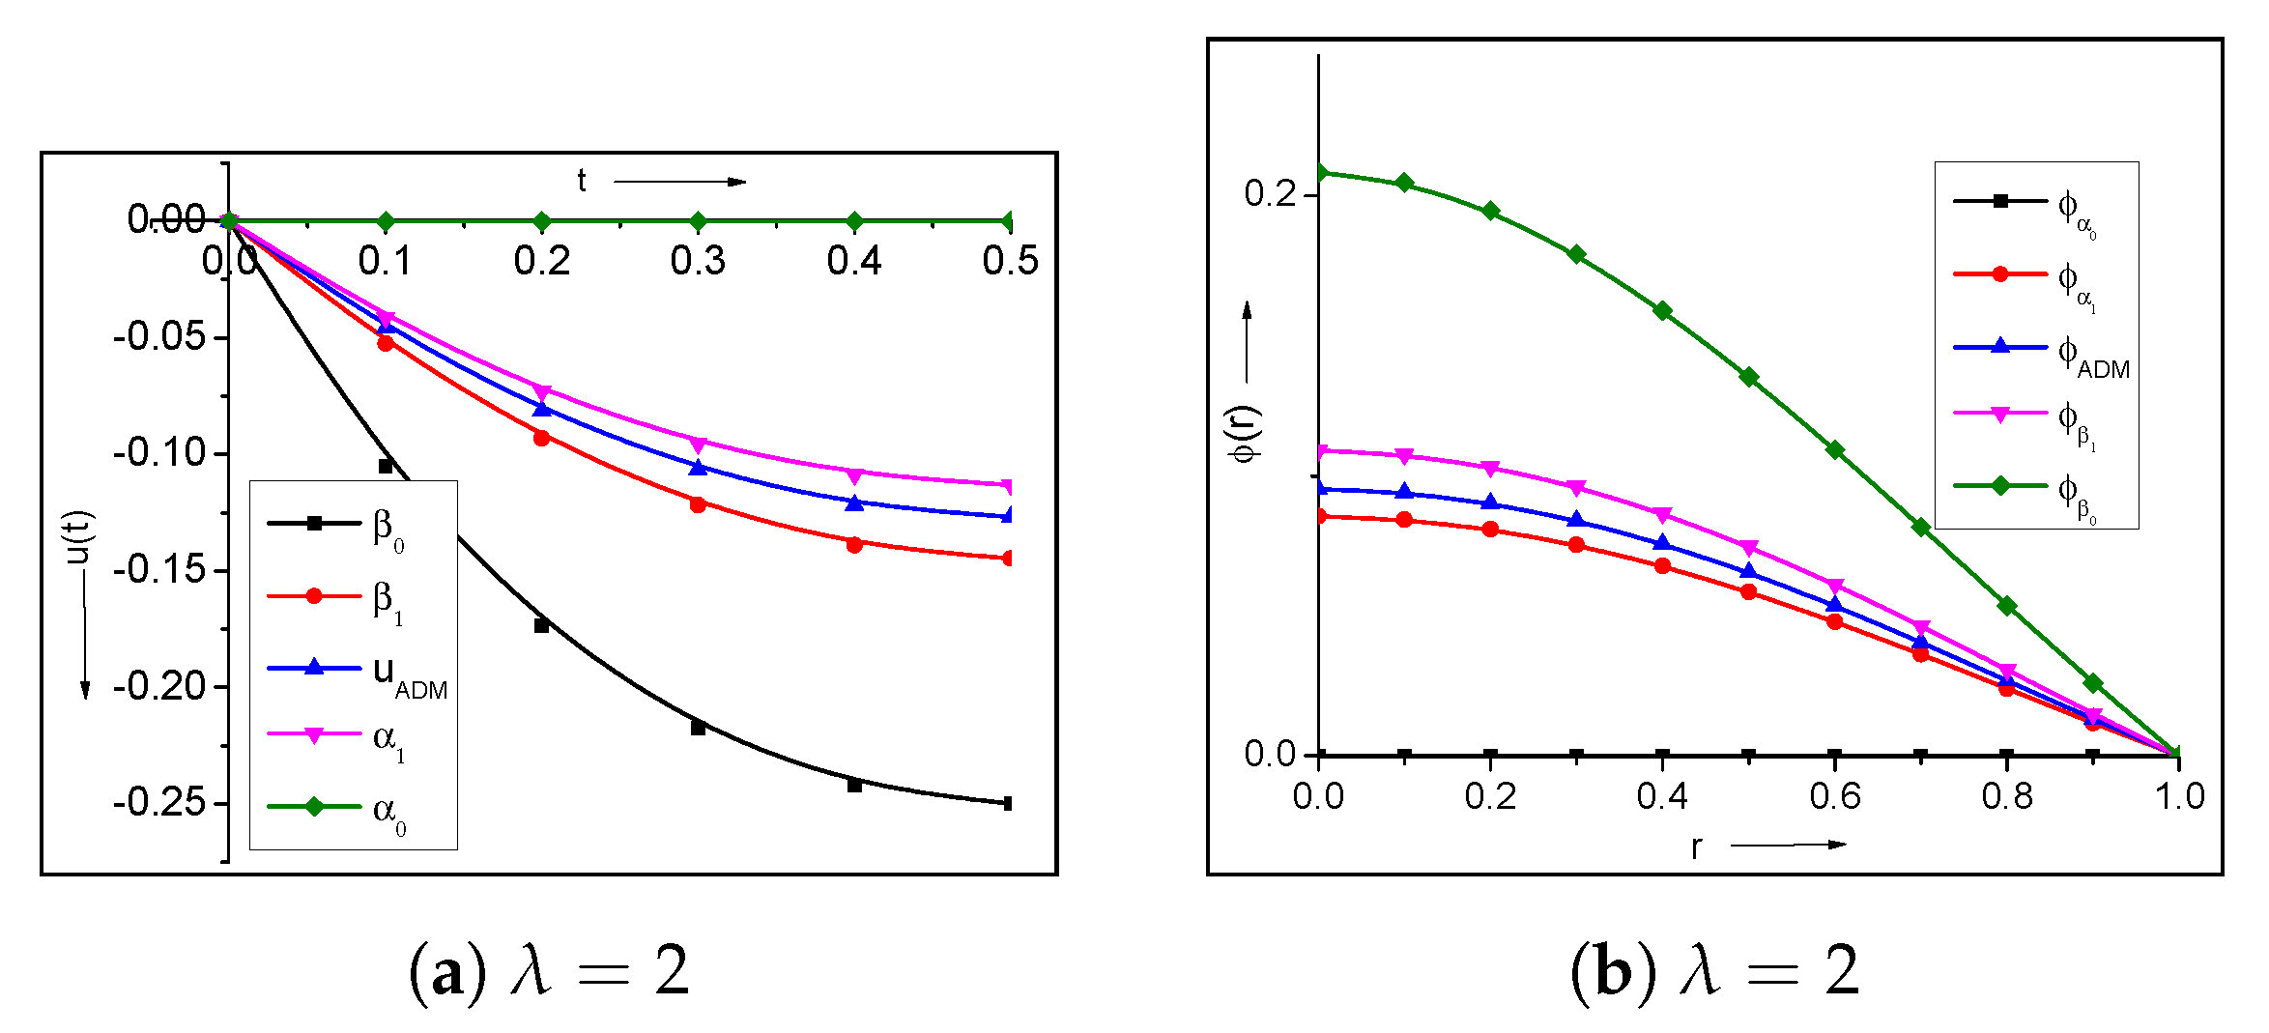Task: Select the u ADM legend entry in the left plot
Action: (358, 673)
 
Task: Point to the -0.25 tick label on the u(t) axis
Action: (160, 803)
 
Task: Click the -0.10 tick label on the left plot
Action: (160, 452)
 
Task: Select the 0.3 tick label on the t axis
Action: (698, 261)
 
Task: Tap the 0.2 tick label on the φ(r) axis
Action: (1269, 194)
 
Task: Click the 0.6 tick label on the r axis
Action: (1835, 796)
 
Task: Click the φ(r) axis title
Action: (1246, 434)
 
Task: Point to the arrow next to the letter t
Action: (679, 182)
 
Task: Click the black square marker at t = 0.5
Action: (1008, 803)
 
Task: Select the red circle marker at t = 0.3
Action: (698, 504)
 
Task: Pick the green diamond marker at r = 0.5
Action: (1749, 377)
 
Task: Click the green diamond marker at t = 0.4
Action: (854, 221)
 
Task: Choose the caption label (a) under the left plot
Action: (447, 971)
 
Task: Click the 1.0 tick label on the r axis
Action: (2179, 796)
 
